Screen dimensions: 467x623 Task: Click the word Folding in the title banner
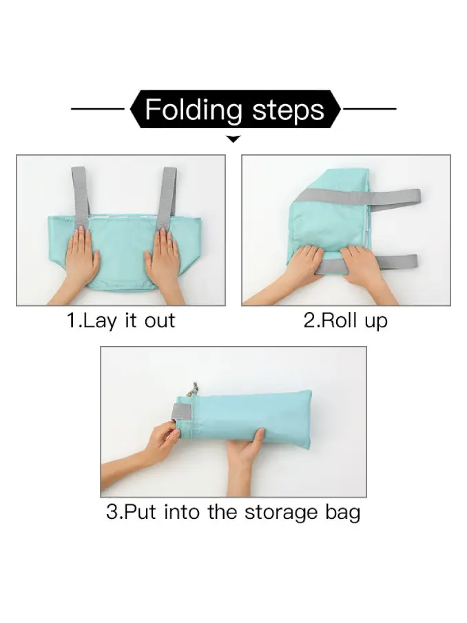[194, 110]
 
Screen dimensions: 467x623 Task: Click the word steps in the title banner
[289, 110]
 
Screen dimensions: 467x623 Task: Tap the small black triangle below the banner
[233, 139]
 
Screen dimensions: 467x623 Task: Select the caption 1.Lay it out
[121, 320]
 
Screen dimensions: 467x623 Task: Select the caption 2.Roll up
[346, 320]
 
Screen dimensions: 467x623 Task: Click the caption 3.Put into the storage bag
[233, 512]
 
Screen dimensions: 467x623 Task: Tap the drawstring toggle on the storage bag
[194, 388]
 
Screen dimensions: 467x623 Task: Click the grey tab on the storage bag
[180, 411]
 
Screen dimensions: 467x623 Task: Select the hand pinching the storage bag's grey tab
[147, 449]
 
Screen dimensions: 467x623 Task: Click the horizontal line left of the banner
[98, 108]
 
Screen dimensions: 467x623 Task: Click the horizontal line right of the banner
[370, 108]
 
